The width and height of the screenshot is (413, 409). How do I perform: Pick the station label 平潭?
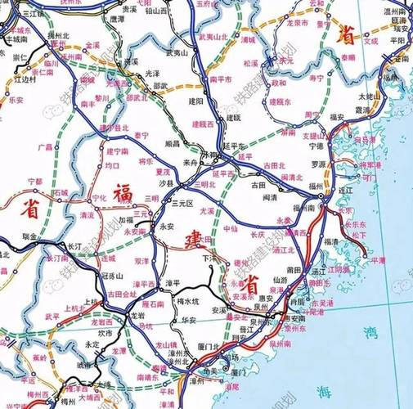pos(378,260)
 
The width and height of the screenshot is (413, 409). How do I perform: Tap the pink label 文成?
pos(370,38)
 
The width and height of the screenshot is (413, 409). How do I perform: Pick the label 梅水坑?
pos(190,302)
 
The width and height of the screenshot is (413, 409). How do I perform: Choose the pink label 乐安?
pos(16,99)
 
